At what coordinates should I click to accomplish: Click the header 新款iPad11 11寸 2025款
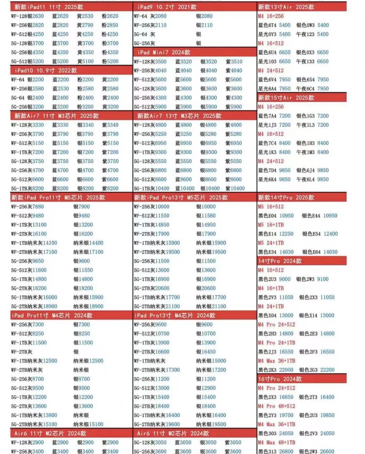click(49, 7)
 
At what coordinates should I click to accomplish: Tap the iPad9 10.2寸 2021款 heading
click(167, 7)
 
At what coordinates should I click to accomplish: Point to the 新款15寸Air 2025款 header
click(286, 98)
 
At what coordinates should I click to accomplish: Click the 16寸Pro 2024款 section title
click(280, 379)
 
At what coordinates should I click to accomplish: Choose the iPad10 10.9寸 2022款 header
click(46, 70)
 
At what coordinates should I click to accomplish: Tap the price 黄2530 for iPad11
click(85, 16)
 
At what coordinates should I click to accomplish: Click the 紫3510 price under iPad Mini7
click(234, 61)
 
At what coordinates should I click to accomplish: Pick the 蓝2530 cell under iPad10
click(61, 88)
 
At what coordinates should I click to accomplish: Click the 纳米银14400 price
click(88, 243)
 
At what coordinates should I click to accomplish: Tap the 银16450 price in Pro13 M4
click(206, 352)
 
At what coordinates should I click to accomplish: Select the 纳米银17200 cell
click(211, 370)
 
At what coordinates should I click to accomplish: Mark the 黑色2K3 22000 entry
click(276, 370)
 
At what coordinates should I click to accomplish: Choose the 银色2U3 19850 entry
click(317, 415)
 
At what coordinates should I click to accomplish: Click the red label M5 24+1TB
click(271, 243)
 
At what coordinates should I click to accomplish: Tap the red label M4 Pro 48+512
click(276, 406)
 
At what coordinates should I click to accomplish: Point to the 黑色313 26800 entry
click(276, 451)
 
